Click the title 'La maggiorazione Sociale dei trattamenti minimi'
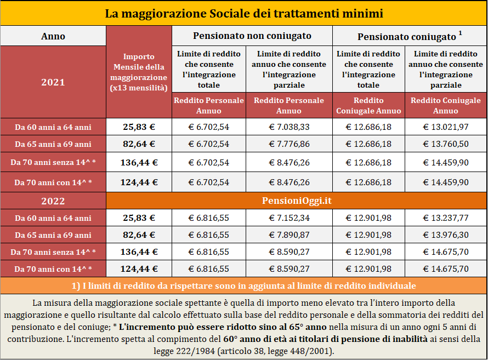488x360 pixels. (x=244, y=14)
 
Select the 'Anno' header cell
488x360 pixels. (x=53, y=36)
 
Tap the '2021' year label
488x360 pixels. (x=53, y=82)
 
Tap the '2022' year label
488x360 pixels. (x=53, y=201)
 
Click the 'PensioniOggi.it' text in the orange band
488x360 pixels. (x=297, y=201)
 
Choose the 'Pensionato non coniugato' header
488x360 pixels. (x=252, y=36)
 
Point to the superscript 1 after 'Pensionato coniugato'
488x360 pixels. (x=460, y=33)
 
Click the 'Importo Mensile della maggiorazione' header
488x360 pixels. (x=139, y=72)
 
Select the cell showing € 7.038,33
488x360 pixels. (x=289, y=127)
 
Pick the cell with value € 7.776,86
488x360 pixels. (x=289, y=144)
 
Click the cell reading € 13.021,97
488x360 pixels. (x=446, y=127)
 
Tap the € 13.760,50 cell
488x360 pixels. (x=446, y=144)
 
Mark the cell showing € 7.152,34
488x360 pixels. (x=289, y=218)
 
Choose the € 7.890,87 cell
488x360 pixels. (x=289, y=235)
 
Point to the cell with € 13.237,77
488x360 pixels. (x=446, y=218)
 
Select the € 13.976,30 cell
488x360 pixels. (x=446, y=235)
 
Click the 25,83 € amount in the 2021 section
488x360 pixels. (x=139, y=127)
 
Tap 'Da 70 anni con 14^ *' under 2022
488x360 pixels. (x=53, y=269)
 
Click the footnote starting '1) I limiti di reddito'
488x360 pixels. (x=243, y=285)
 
